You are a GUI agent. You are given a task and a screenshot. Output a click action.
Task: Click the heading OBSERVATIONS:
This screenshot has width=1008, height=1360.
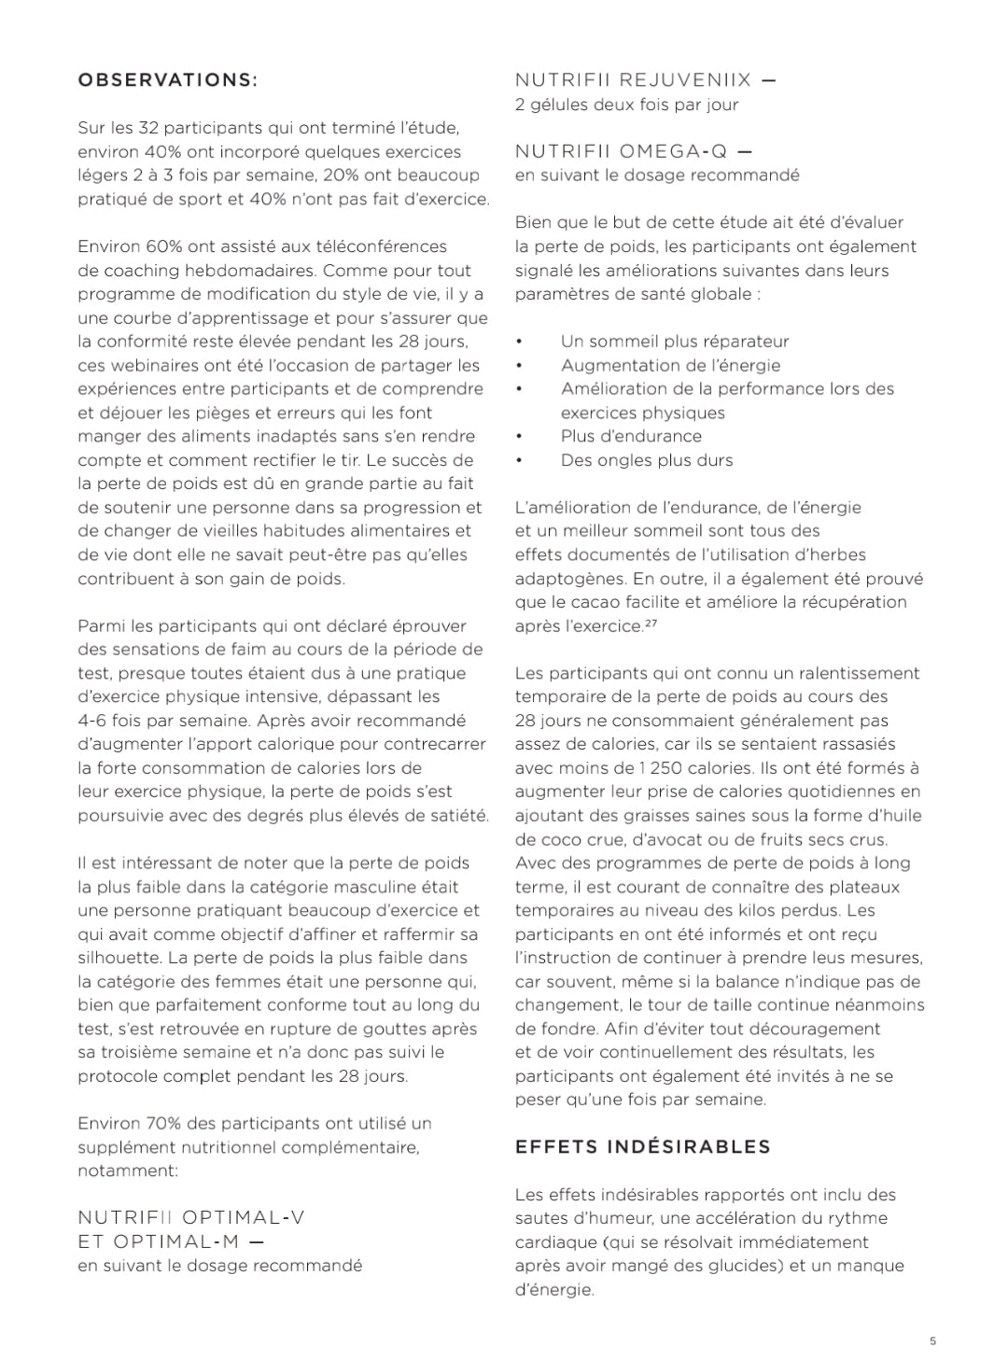(167, 80)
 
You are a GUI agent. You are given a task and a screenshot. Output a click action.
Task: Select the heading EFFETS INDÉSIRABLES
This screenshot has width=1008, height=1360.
(643, 1146)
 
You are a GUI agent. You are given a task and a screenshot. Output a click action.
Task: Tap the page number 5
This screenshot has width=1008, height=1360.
(932, 1341)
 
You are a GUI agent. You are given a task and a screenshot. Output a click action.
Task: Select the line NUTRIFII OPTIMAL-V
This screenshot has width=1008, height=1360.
(191, 1217)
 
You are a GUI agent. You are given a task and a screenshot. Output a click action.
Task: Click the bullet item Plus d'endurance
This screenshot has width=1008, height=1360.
(631, 436)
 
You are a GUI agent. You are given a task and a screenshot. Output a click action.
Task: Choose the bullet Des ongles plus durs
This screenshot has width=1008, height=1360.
(647, 459)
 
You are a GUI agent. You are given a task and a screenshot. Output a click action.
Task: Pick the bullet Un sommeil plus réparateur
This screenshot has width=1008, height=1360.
(674, 342)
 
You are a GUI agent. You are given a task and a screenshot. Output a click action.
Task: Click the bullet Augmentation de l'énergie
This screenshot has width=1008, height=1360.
(670, 365)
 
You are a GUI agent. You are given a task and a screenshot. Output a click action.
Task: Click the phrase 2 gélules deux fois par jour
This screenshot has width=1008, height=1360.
(626, 105)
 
